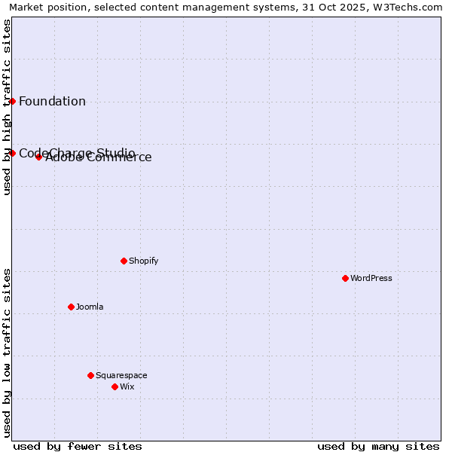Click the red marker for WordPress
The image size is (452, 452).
[x=345, y=278]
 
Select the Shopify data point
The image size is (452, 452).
[x=124, y=261]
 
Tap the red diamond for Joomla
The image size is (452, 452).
[x=71, y=307]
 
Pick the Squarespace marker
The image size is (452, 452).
[x=90, y=375]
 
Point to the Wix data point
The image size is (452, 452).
[x=115, y=386]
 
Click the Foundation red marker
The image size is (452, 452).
[x=12, y=101]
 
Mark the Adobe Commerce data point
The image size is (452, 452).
[x=38, y=157]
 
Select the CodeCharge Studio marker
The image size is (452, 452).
[x=12, y=153]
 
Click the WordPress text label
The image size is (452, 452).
[x=371, y=278]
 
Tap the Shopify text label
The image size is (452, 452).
[x=144, y=261]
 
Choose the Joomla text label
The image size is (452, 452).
[x=90, y=307]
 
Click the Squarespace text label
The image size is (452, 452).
[x=121, y=375]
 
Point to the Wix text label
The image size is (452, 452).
[x=127, y=386]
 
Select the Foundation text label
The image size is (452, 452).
[x=52, y=102]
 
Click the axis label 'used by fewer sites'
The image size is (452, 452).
[x=78, y=446]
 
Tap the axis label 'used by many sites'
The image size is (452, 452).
[x=378, y=446]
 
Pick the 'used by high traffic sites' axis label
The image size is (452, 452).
[x=7, y=107]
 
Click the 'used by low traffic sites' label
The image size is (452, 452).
[x=7, y=353]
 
